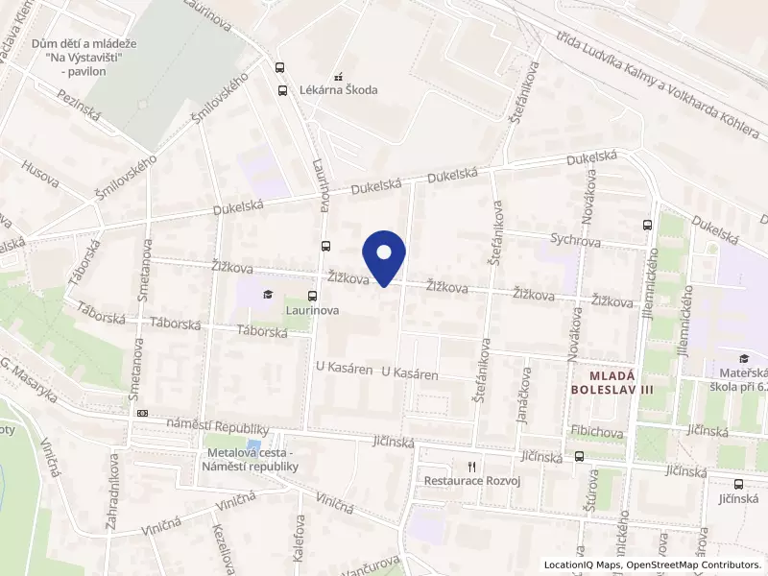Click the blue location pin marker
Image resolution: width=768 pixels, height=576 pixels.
point(384,255)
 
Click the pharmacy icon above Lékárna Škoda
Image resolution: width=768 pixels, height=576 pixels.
point(337,75)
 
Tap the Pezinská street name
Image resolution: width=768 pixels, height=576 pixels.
point(78,106)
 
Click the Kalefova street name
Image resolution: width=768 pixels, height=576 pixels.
point(299,538)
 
